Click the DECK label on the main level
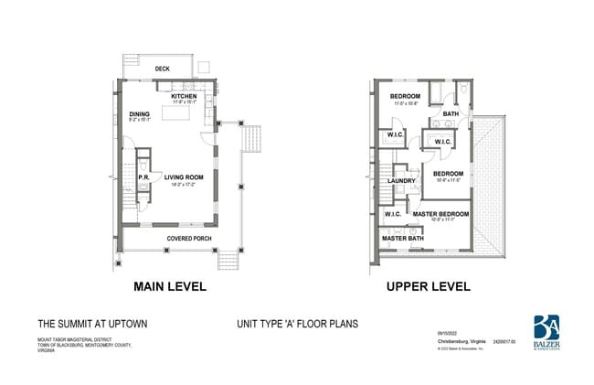(x=163, y=69)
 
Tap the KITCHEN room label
(x=184, y=96)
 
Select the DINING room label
(x=139, y=114)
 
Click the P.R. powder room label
(x=143, y=177)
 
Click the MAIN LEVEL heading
(x=170, y=287)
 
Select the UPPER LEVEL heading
(x=428, y=287)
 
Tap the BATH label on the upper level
(x=451, y=114)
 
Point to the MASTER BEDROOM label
(x=440, y=213)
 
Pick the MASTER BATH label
(x=401, y=239)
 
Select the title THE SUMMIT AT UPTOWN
(x=91, y=324)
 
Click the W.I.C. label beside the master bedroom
(x=393, y=214)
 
